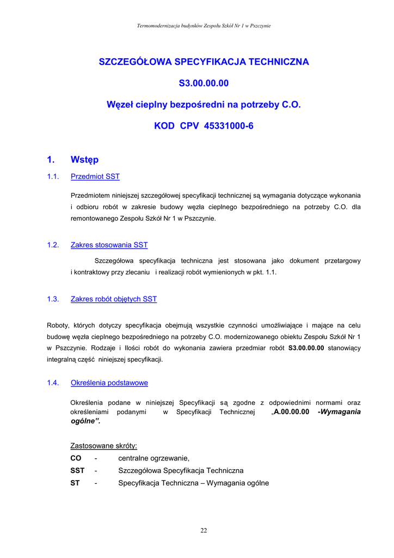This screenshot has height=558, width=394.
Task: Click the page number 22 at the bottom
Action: pos(204,531)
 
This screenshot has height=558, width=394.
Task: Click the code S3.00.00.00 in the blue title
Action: pos(204,83)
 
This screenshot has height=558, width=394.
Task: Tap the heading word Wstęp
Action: pos(84,160)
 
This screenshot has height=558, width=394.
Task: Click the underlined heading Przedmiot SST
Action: pos(95,177)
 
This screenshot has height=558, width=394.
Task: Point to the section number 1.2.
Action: pos(53,245)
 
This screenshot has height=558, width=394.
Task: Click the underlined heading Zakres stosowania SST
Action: pos(109,245)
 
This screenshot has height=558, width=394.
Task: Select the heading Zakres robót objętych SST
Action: pos(114,299)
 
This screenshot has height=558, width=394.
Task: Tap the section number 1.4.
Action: pos(53,383)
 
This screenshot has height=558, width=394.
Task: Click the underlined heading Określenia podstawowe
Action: pos(109,383)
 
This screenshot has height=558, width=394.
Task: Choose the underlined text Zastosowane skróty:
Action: pos(103,446)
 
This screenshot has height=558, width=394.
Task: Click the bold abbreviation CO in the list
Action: pos(76,458)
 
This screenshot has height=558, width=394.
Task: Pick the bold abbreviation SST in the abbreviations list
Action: pos(77,471)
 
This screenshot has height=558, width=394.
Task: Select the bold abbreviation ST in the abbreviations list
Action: pos(75,483)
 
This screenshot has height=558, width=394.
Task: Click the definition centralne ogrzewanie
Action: pos(153,458)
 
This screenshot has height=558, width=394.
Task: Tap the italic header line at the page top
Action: pos(204,26)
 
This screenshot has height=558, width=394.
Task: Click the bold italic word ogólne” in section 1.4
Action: pos(86,421)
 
